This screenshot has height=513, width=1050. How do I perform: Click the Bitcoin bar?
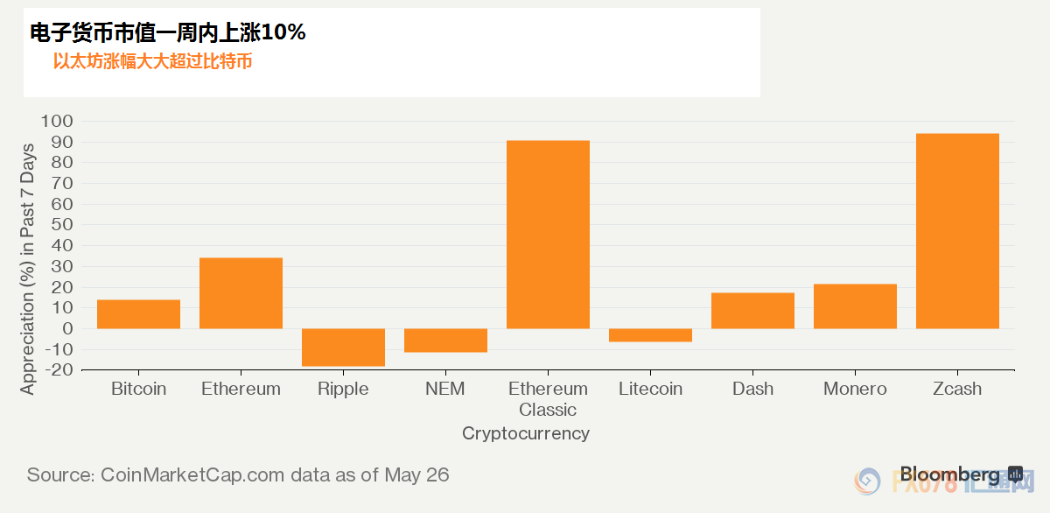(139, 314)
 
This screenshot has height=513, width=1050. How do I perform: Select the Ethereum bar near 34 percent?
(241, 293)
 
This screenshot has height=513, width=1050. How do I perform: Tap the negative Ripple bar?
(343, 348)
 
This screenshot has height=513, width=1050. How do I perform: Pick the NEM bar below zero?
(445, 341)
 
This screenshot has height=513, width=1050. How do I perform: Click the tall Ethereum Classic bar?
(548, 235)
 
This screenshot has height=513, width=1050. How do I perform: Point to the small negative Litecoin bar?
(651, 335)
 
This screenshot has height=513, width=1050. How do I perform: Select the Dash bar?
(752, 311)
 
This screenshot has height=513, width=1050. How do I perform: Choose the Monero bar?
(855, 306)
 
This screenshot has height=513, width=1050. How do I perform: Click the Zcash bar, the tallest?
(957, 231)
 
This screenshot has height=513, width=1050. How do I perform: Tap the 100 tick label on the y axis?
(57, 121)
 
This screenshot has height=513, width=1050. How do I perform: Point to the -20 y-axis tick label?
(59, 370)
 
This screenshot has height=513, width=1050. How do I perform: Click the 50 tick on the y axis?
(62, 225)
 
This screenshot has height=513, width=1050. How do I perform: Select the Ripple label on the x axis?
(343, 390)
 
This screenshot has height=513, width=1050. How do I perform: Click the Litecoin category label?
(651, 389)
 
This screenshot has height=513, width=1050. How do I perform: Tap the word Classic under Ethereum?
(548, 410)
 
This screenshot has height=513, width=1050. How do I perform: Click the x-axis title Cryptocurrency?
(526, 433)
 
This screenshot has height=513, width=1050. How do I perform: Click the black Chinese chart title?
(168, 32)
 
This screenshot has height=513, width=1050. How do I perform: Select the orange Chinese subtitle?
(153, 61)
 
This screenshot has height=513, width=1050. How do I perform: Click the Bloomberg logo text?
(949, 474)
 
